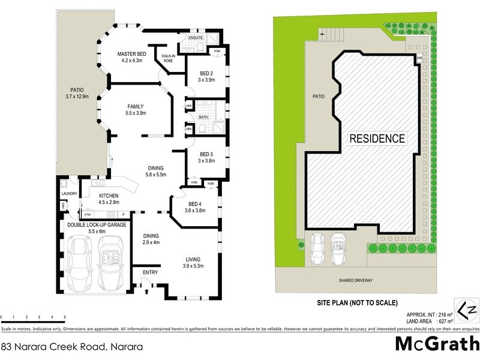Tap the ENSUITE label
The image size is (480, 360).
pyautogui.click(x=196, y=38)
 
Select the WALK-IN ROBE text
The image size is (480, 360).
pyautogui.click(x=168, y=59)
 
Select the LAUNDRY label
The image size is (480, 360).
pyautogui.click(x=68, y=193)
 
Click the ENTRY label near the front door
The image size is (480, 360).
pyautogui.click(x=150, y=273)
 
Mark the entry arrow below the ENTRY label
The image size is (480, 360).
pyautogui.click(x=148, y=292)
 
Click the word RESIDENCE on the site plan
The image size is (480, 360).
pyautogui.click(x=377, y=139)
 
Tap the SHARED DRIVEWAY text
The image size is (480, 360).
pyautogui.click(x=356, y=280)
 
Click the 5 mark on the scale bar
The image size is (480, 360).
pyautogui.click(x=65, y=316)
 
